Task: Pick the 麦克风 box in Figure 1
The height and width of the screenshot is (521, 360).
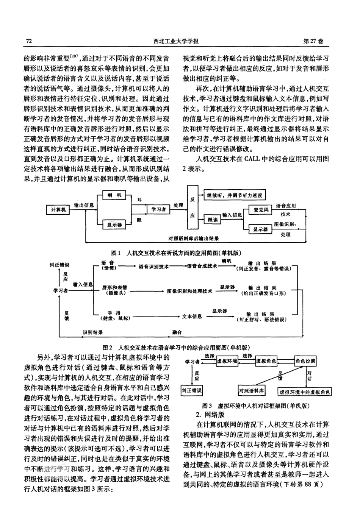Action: coord(261,209)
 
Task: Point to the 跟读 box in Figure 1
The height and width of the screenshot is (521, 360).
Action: coord(213,219)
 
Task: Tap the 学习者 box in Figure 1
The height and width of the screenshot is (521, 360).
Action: coord(158,209)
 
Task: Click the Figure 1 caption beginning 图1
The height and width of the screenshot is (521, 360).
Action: coord(176,253)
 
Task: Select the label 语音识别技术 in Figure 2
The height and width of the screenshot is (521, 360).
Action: coord(153,266)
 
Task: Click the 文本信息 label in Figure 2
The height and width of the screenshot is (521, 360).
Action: coord(192,316)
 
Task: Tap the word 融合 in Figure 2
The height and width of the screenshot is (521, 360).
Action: coord(177,332)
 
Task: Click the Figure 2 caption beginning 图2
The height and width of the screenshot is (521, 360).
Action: coord(176,347)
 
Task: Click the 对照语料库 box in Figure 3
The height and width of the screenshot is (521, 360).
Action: coord(252,390)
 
